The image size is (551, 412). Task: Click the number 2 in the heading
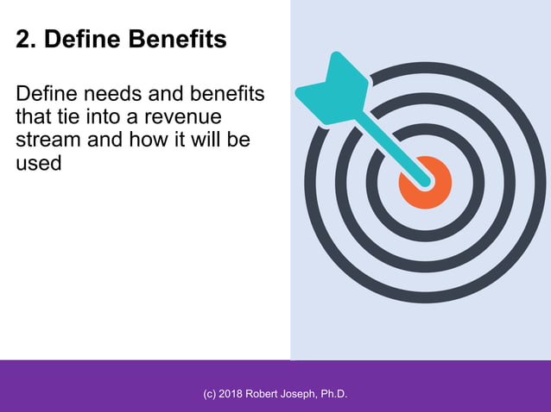pyautogui.click(x=24, y=40)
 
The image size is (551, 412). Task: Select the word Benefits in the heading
pyautogui.click(x=176, y=40)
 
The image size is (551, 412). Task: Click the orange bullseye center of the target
pyautogui.click(x=424, y=183)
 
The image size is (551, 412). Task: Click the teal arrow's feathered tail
pyautogui.click(x=331, y=89)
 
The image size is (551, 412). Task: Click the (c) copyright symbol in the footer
pyautogui.click(x=210, y=394)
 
